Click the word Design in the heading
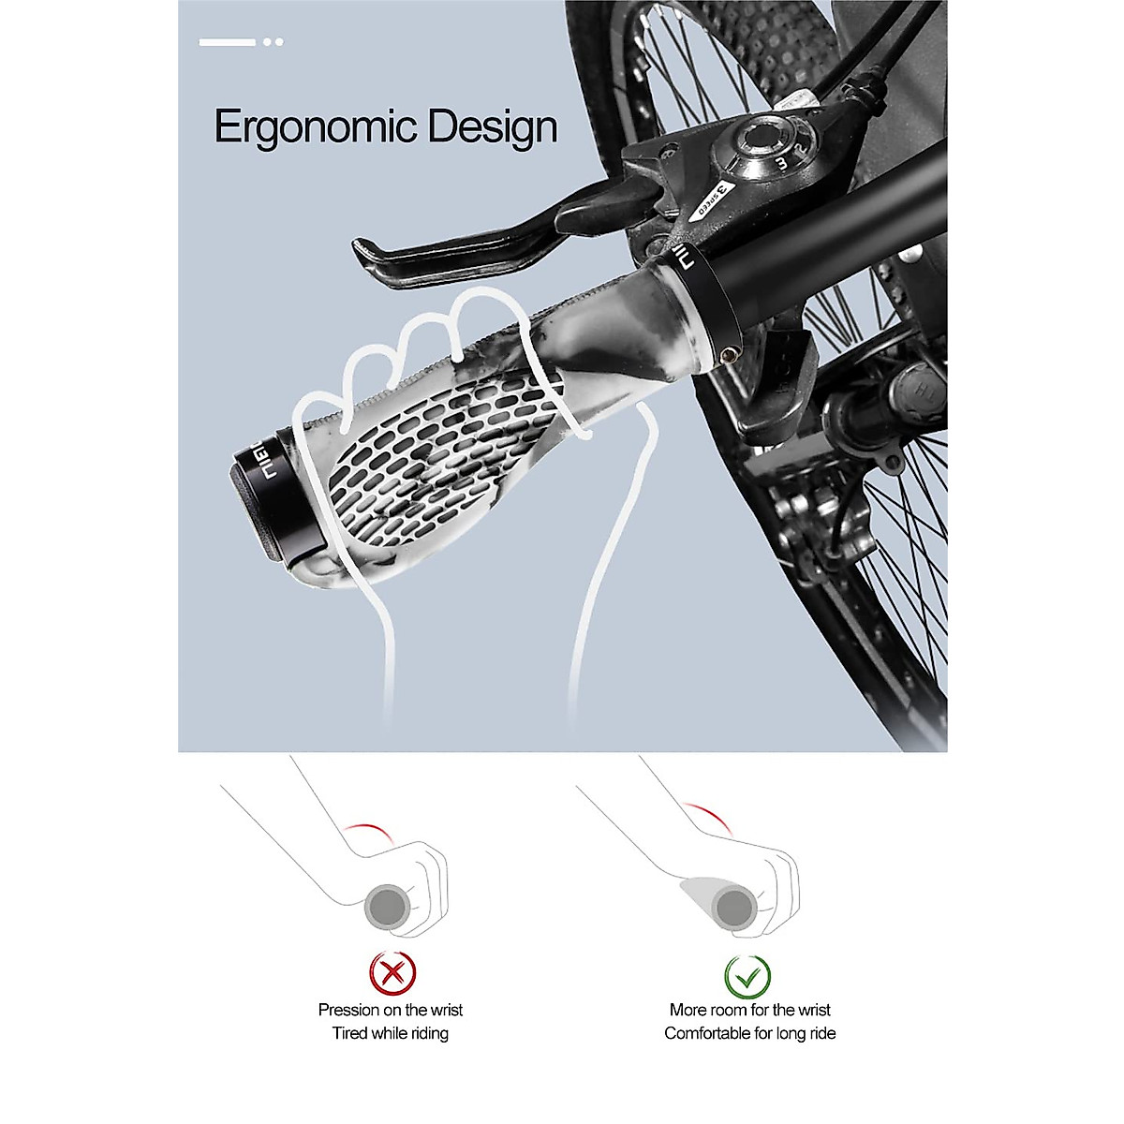(x=493, y=127)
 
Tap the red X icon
(x=392, y=974)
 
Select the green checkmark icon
(x=747, y=976)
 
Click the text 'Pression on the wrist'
(x=390, y=1010)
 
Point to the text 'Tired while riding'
(x=390, y=1033)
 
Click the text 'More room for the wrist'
(x=749, y=1010)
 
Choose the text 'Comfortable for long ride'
(x=749, y=1033)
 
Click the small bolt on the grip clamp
(x=728, y=353)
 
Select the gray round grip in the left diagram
(x=386, y=907)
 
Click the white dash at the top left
(x=227, y=42)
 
